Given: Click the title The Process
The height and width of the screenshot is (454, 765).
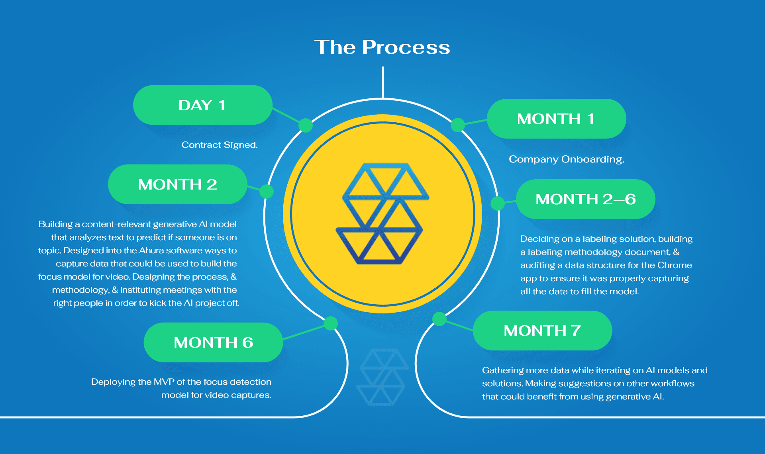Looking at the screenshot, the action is [382, 47].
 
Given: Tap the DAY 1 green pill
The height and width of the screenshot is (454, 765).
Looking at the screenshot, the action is [203, 105].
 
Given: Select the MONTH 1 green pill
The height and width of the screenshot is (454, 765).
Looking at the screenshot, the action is [556, 119].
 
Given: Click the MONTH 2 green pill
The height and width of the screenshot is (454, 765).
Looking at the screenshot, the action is [178, 184].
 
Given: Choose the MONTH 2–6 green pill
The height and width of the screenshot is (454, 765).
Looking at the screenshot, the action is [586, 199].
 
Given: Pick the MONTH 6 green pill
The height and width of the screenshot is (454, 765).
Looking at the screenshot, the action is [213, 342].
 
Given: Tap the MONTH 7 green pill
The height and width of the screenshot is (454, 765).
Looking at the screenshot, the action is [542, 331].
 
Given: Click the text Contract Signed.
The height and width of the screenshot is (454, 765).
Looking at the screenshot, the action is [220, 145].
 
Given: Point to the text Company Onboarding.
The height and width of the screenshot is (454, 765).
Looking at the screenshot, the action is [566, 159].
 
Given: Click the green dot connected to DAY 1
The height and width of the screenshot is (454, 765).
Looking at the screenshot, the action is [306, 125].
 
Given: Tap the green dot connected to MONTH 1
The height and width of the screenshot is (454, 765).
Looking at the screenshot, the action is [458, 125].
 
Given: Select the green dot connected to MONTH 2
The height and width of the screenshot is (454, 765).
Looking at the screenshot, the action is [267, 192].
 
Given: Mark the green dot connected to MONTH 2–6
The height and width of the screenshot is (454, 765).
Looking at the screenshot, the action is [498, 204].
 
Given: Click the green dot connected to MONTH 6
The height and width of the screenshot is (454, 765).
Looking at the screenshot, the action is [331, 323].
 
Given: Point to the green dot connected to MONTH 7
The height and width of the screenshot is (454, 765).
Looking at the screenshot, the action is [439, 319].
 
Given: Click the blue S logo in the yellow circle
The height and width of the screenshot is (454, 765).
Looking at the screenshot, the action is [382, 213].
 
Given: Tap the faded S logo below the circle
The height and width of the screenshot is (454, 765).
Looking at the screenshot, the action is [382, 377].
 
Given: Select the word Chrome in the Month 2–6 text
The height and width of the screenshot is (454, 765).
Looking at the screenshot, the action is [675, 265].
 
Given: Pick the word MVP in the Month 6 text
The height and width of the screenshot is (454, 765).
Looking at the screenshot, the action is [164, 382].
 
